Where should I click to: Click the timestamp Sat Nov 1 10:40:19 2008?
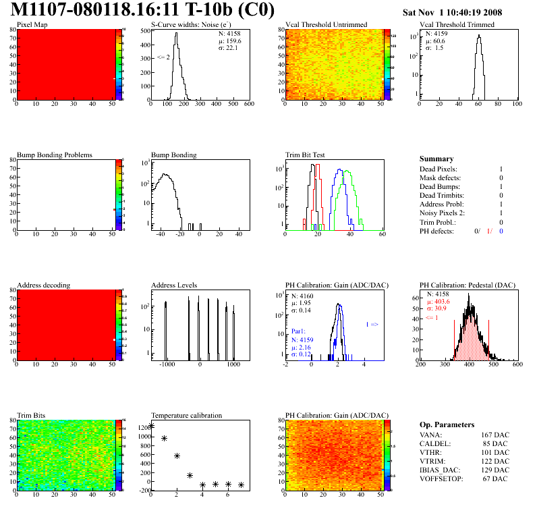pyautogui.click(x=461, y=12)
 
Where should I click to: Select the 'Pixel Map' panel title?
pyautogui.click(x=32, y=25)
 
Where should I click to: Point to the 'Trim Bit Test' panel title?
pyautogui.click(x=305, y=155)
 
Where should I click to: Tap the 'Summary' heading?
pyautogui.click(x=436, y=159)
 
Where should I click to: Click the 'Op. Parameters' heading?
pyautogui.click(x=447, y=424)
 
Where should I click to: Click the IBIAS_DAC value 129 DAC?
pyautogui.click(x=494, y=470)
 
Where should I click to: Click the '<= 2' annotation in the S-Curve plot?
pyautogui.click(x=163, y=58)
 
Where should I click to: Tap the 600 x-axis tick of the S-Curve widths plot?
pyautogui.click(x=248, y=105)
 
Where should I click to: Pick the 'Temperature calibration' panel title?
pyautogui.click(x=186, y=416)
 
